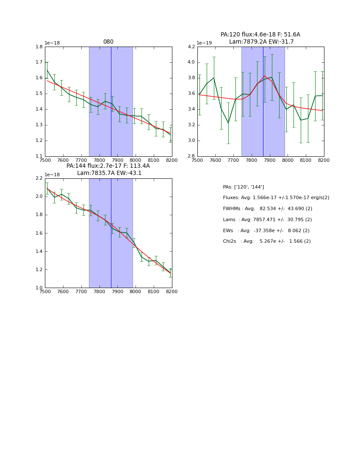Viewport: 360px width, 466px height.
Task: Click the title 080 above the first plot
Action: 108,42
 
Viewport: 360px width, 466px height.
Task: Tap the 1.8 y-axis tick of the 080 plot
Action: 39,47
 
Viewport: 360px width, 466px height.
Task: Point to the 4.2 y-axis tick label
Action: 191,47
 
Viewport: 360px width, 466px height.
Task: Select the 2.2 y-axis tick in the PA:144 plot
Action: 39,178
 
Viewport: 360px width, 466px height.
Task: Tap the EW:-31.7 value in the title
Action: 282,42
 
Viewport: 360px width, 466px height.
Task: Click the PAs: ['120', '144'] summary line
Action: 244,187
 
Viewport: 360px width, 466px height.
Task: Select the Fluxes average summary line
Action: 276,198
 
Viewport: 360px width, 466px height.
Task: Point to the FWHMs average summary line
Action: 267,209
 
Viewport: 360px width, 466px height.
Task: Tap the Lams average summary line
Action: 267,220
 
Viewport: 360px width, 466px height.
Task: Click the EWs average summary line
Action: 266,230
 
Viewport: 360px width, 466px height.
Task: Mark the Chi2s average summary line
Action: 267,241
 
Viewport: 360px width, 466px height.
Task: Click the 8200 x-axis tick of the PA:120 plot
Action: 324,161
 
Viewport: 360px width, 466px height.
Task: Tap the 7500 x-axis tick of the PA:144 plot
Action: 45,292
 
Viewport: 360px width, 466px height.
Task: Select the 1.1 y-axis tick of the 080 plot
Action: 39,156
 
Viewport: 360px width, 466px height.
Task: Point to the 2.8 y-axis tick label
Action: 191,156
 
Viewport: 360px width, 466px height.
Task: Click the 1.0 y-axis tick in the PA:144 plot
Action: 39,288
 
